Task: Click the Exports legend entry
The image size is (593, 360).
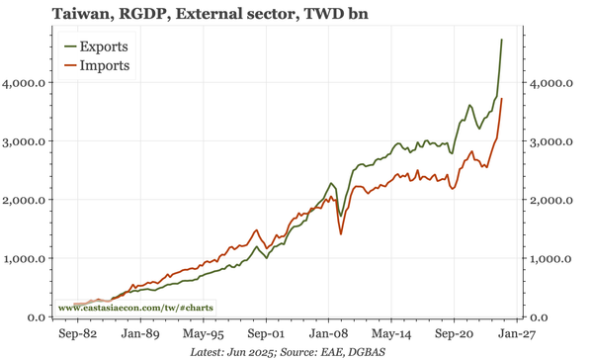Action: point(103,46)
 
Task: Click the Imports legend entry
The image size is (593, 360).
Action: point(103,66)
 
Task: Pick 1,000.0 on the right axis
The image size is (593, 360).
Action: point(551,259)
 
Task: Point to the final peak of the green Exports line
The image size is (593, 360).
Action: point(502,40)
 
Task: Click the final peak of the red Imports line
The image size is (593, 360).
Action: point(502,99)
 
